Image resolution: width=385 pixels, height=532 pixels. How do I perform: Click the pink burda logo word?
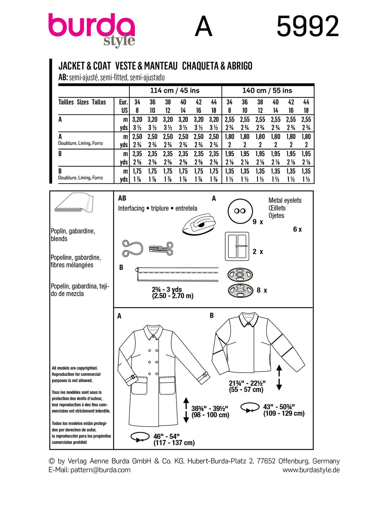point(91,26)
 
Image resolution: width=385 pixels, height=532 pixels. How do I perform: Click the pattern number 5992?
point(307,26)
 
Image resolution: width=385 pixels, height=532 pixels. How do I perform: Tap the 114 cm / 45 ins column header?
point(175,91)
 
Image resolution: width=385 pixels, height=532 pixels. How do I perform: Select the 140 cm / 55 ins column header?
point(267,91)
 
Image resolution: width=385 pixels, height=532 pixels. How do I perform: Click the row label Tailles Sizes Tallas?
point(82,102)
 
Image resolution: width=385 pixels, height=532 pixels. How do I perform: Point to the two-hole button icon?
point(240,211)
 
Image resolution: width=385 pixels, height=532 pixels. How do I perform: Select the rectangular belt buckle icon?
point(237,246)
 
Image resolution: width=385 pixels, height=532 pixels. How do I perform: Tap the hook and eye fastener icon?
point(147,248)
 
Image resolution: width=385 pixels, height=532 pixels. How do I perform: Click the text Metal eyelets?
point(285,200)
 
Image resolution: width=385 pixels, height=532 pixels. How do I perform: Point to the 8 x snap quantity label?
point(262,291)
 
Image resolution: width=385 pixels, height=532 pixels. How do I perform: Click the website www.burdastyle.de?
point(311,470)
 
